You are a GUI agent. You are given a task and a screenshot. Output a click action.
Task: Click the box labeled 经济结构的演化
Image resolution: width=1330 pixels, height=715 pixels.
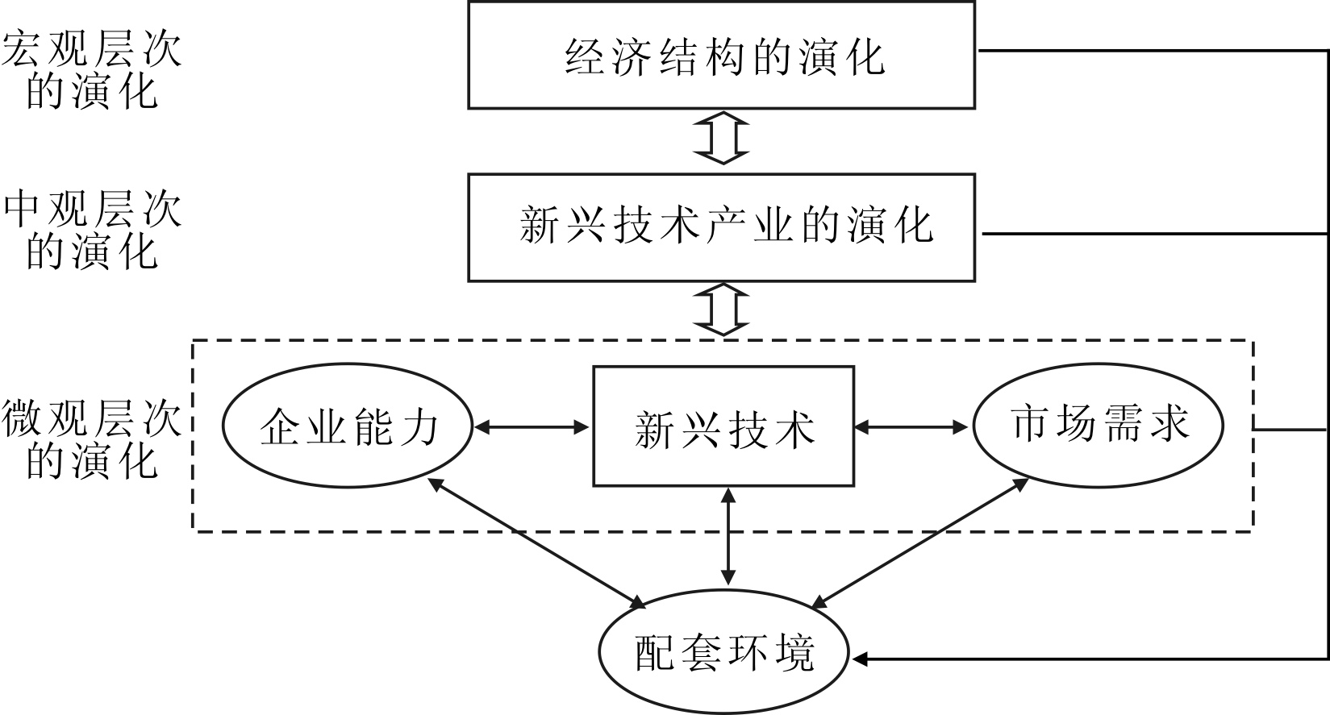pos(721,55)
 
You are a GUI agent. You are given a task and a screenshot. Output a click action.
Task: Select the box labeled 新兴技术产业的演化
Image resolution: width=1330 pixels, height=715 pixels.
pos(721,227)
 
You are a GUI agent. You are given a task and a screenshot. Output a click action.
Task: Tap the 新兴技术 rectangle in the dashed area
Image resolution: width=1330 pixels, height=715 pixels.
pos(723,426)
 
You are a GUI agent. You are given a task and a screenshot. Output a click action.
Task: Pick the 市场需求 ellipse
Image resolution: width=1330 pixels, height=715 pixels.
pos(1099,425)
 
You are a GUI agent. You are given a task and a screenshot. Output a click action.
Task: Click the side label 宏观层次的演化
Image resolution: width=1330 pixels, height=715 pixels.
pos(92,71)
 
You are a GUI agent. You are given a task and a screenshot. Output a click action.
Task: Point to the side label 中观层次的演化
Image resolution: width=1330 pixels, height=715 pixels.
pos(92,231)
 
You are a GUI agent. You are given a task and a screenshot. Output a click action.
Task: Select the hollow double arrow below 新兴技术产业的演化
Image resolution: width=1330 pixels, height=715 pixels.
pos(722,309)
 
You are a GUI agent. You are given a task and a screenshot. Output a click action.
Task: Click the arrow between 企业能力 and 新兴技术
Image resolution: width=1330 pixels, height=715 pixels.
pos(532,426)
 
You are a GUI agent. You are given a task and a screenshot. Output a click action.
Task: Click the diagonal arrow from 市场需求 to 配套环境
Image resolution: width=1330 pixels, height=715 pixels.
pos(919,542)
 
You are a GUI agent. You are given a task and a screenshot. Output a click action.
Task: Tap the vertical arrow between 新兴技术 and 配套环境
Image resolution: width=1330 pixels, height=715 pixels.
pos(728,536)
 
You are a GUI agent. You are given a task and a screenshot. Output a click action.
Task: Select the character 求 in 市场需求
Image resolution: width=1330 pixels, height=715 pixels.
pos(1169,424)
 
